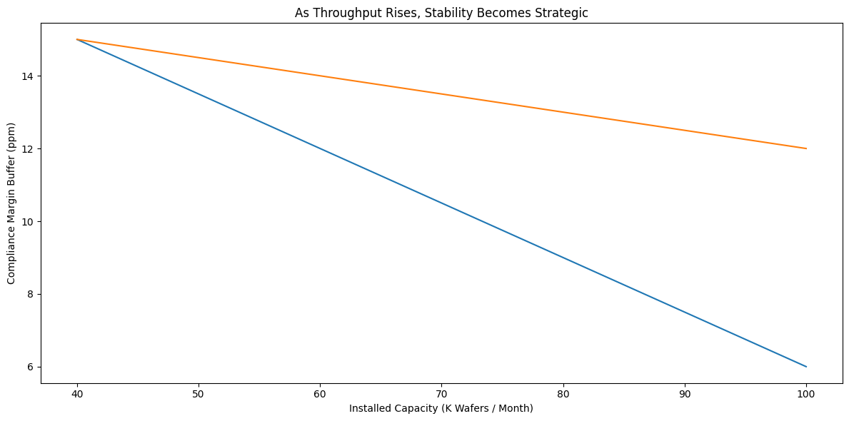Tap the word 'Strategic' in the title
click(x=563, y=12)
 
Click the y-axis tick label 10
click(x=29, y=221)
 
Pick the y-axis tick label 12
click(x=29, y=148)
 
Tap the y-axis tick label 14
click(x=29, y=76)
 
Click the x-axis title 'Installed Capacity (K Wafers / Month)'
click(x=441, y=409)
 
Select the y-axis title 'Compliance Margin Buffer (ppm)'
click(x=12, y=203)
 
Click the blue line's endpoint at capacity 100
click(x=806, y=367)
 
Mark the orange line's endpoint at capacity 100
click(x=806, y=148)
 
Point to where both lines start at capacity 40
click(x=76, y=39)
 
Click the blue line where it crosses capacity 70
click(x=441, y=203)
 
